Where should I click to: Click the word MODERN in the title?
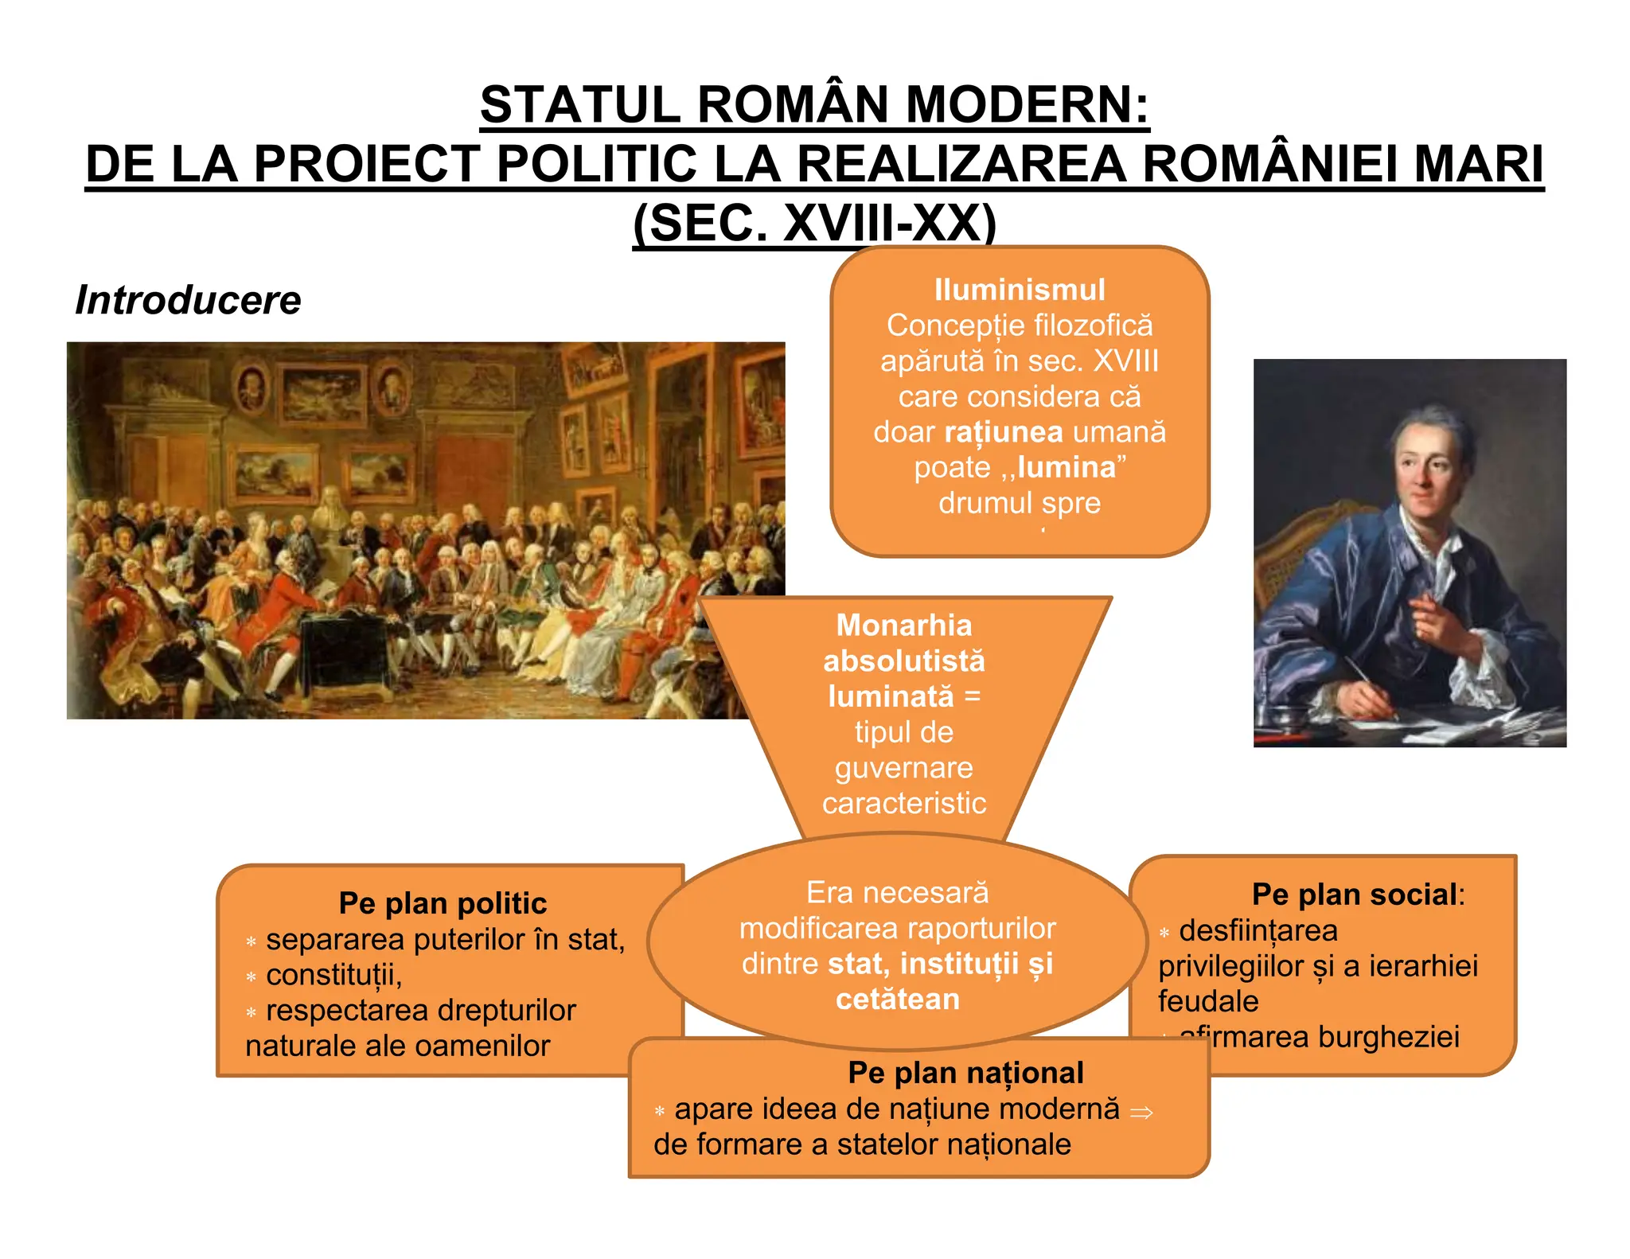(1027, 105)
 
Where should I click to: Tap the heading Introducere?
(189, 301)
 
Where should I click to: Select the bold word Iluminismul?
(1020, 290)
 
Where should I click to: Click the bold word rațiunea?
(1004, 432)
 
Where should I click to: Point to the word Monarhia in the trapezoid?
(904, 626)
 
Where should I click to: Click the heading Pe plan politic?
(443, 903)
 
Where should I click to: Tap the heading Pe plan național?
(965, 1073)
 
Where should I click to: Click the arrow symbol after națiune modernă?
(1141, 1113)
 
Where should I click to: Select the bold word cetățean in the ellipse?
(898, 1000)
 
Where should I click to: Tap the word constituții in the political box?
(333, 975)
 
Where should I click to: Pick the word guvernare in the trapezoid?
(904, 768)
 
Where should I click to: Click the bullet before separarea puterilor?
(251, 942)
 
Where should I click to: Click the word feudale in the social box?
(1208, 1001)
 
